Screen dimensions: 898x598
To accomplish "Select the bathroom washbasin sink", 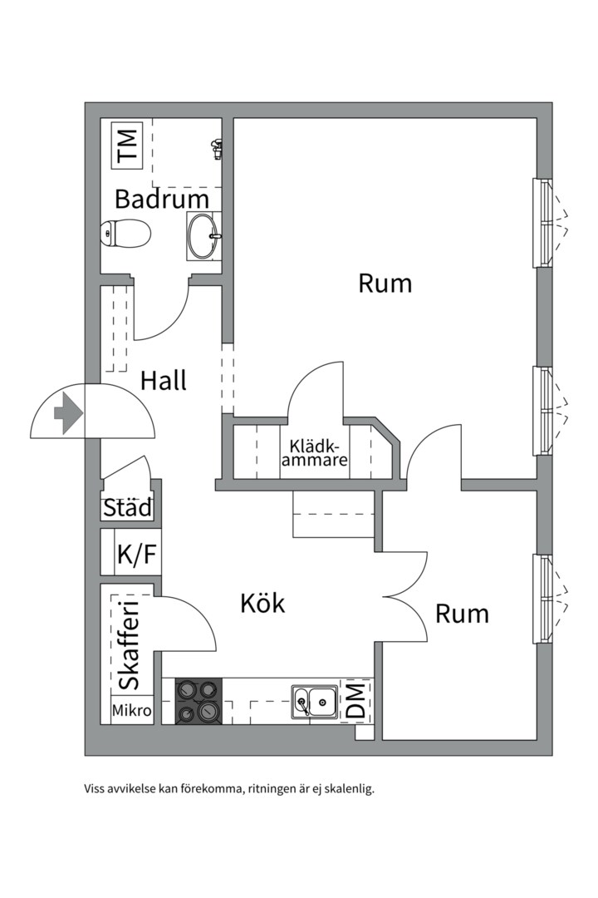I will click(203, 236).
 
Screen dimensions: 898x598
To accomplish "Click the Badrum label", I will click(161, 200).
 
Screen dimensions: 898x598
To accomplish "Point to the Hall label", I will click(163, 381).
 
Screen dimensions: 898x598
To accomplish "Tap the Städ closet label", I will click(128, 507).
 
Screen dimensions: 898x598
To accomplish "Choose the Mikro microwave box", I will click(132, 711).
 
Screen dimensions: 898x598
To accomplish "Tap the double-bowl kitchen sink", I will click(314, 701).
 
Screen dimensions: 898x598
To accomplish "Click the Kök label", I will click(262, 604).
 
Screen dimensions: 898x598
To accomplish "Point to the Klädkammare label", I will click(314, 453).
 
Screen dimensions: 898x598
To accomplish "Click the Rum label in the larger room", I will click(385, 283).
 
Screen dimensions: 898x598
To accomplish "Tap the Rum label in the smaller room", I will click(462, 614).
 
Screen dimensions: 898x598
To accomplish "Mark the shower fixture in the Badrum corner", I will click(216, 149).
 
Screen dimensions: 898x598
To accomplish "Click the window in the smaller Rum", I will click(543, 599).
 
